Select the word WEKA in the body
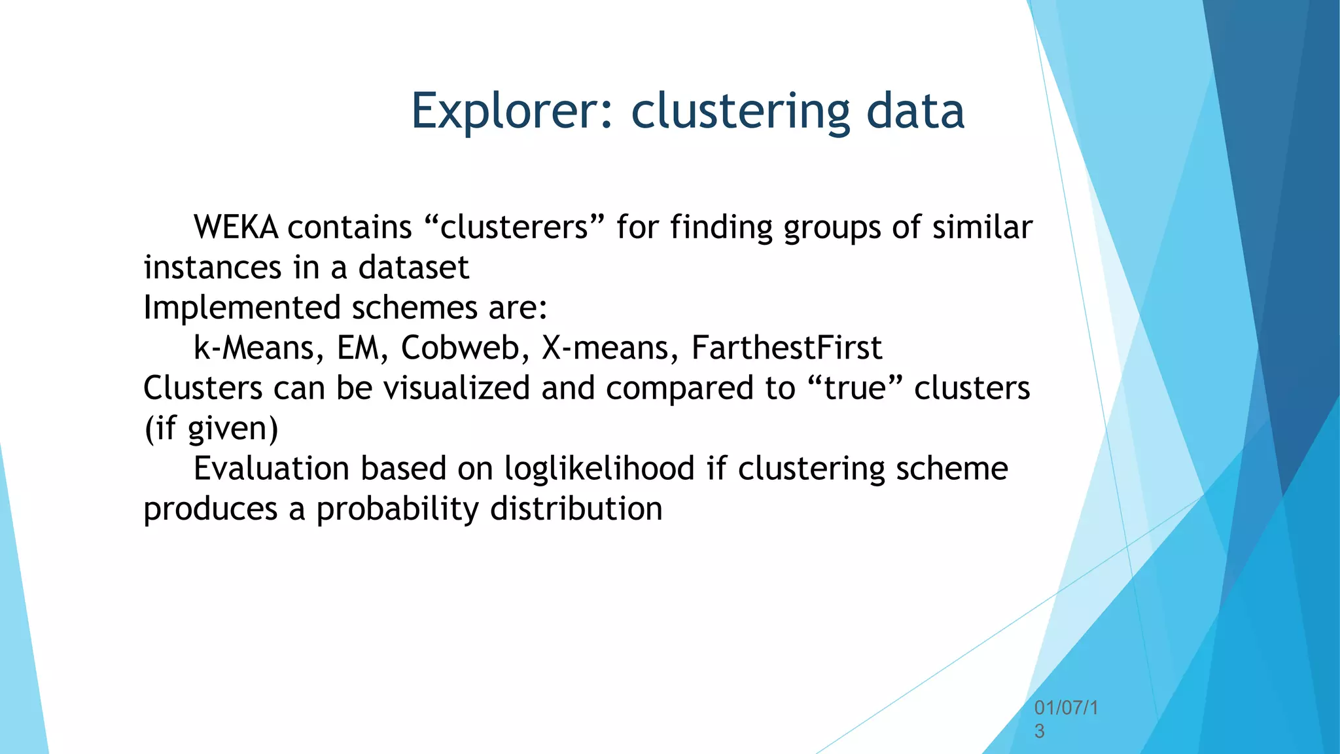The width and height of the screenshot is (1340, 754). pyautogui.click(x=236, y=228)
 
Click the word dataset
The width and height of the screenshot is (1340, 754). pyautogui.click(x=414, y=268)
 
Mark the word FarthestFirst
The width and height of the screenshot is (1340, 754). pyautogui.click(x=786, y=348)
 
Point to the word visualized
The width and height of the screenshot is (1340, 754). pyautogui.click(x=456, y=388)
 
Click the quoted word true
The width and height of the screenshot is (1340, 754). pyautogui.click(x=855, y=388)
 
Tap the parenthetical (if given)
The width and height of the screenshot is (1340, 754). pyautogui.click(x=211, y=429)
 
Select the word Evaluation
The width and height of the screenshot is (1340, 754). pyautogui.click(x=272, y=469)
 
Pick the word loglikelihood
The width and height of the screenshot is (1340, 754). pyautogui.click(x=599, y=469)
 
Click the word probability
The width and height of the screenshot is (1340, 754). pyautogui.click(x=397, y=509)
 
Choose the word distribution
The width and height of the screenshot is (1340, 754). pyautogui.click(x=576, y=509)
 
